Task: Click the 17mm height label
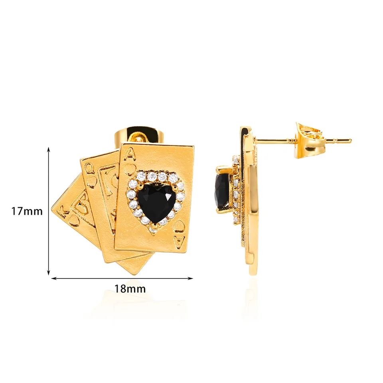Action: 27,211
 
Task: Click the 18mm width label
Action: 130,289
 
